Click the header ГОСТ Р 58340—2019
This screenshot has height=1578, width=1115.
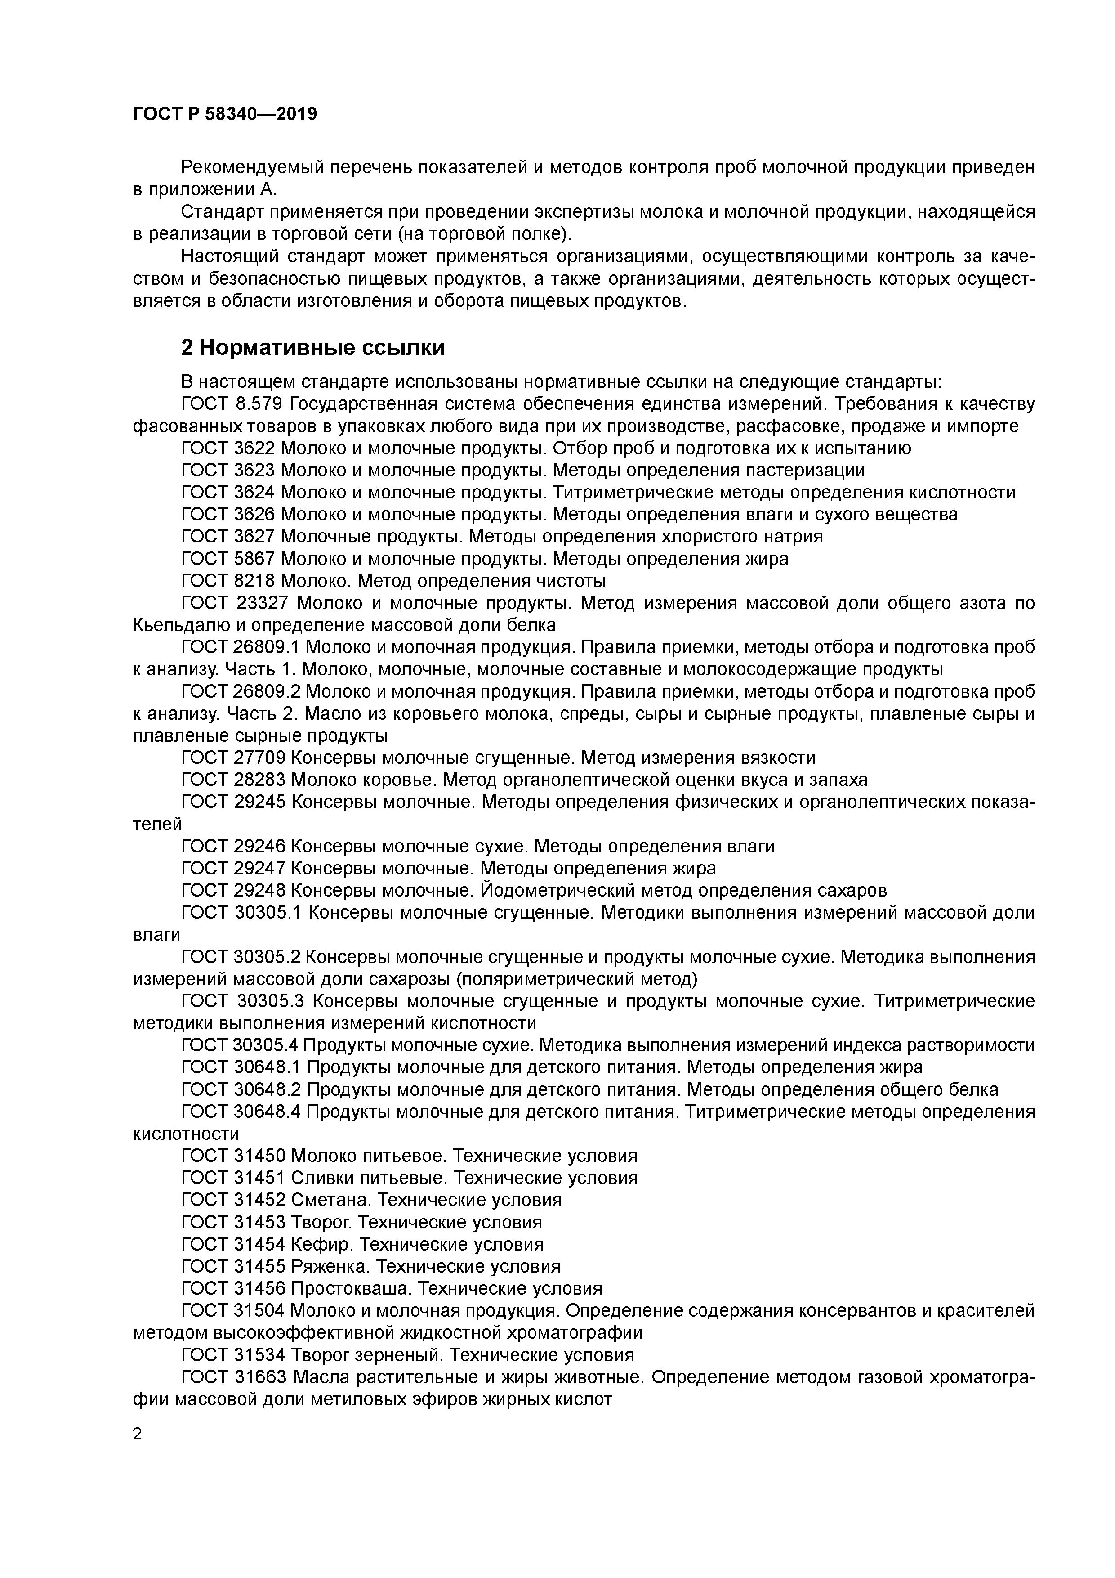coord(225,114)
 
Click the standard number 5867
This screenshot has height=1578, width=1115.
coord(254,559)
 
